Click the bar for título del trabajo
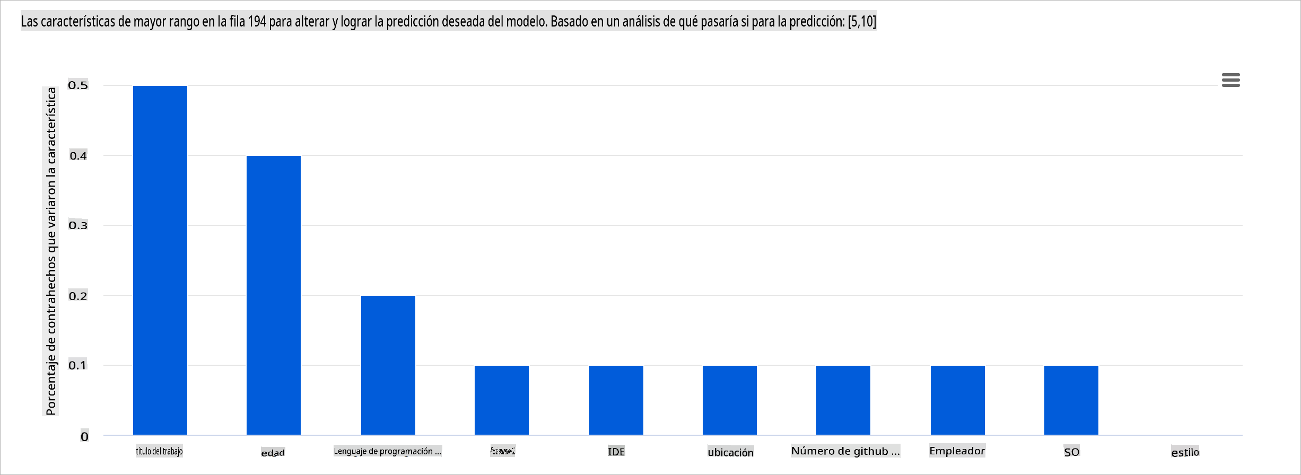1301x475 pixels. click(x=160, y=260)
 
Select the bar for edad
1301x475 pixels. click(x=274, y=295)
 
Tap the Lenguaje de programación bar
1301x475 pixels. click(x=388, y=365)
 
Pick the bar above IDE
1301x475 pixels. click(x=616, y=400)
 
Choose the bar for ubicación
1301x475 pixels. click(x=730, y=400)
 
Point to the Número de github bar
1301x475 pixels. click(x=843, y=400)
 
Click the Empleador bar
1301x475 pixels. click(x=958, y=400)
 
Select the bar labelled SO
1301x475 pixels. click(x=1071, y=400)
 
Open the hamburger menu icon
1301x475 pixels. click(x=1230, y=80)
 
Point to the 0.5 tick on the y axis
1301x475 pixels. click(x=78, y=85)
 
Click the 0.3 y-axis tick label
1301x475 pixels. click(x=78, y=225)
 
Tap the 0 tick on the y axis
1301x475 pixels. click(x=84, y=437)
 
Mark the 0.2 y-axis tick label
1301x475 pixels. click(x=78, y=296)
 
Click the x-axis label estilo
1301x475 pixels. click(x=1185, y=452)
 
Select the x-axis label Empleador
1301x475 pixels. click(x=957, y=451)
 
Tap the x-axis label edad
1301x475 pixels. click(x=273, y=453)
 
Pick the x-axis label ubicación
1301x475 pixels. click(x=730, y=452)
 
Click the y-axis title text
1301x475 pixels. click(x=51, y=251)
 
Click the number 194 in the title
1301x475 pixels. click(x=257, y=22)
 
